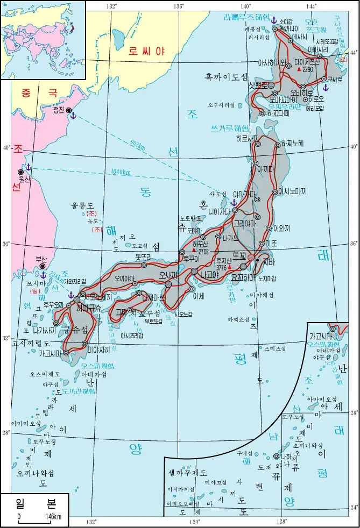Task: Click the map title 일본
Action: coord(36,504)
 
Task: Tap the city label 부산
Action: coord(40,258)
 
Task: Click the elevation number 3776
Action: coord(221,267)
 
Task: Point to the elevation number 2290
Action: coord(308,69)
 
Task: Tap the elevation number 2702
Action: coord(203,251)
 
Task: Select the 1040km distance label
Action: coord(119,172)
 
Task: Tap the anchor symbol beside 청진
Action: coord(74,116)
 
